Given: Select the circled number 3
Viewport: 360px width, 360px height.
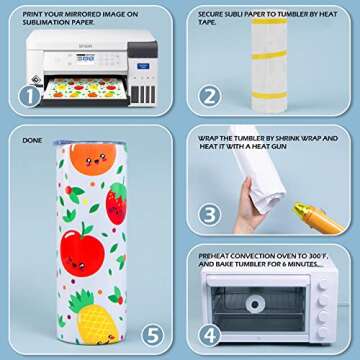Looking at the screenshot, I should (x=208, y=213).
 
